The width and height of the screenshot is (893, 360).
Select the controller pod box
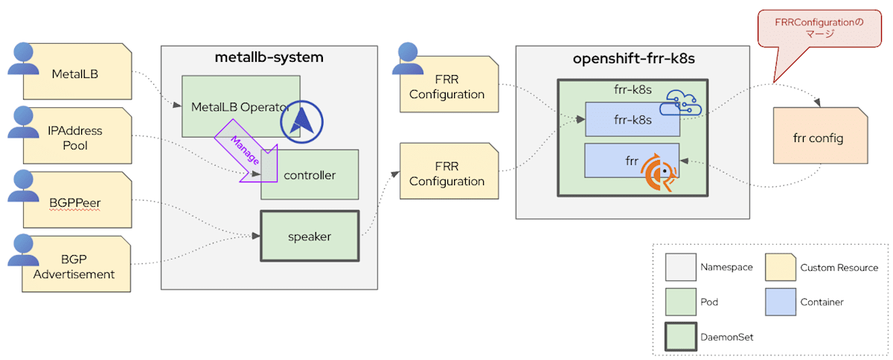[x=310, y=176]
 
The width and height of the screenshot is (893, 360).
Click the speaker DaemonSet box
[x=310, y=237]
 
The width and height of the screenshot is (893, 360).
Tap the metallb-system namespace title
[x=269, y=57]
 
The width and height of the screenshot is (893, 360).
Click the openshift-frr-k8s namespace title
[x=633, y=59]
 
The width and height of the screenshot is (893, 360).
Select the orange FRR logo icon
[x=658, y=173]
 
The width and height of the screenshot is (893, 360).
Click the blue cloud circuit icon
[x=682, y=103]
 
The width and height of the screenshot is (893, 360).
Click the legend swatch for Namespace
[x=679, y=267]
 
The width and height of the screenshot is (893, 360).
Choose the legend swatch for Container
[x=779, y=302]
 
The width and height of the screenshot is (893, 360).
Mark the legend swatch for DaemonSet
[x=679, y=336]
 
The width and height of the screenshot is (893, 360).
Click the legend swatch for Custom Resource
[x=779, y=267]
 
